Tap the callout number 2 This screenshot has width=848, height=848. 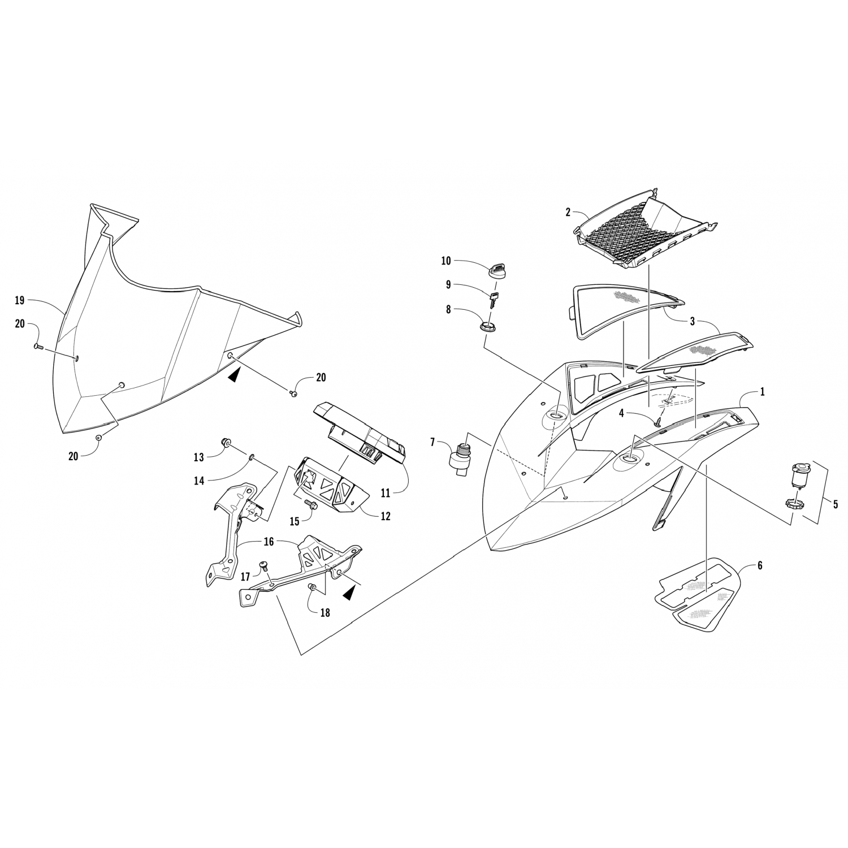pyautogui.click(x=568, y=213)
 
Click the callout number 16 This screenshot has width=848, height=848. pyautogui.click(x=268, y=542)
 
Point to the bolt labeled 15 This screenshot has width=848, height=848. pyautogui.click(x=310, y=503)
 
